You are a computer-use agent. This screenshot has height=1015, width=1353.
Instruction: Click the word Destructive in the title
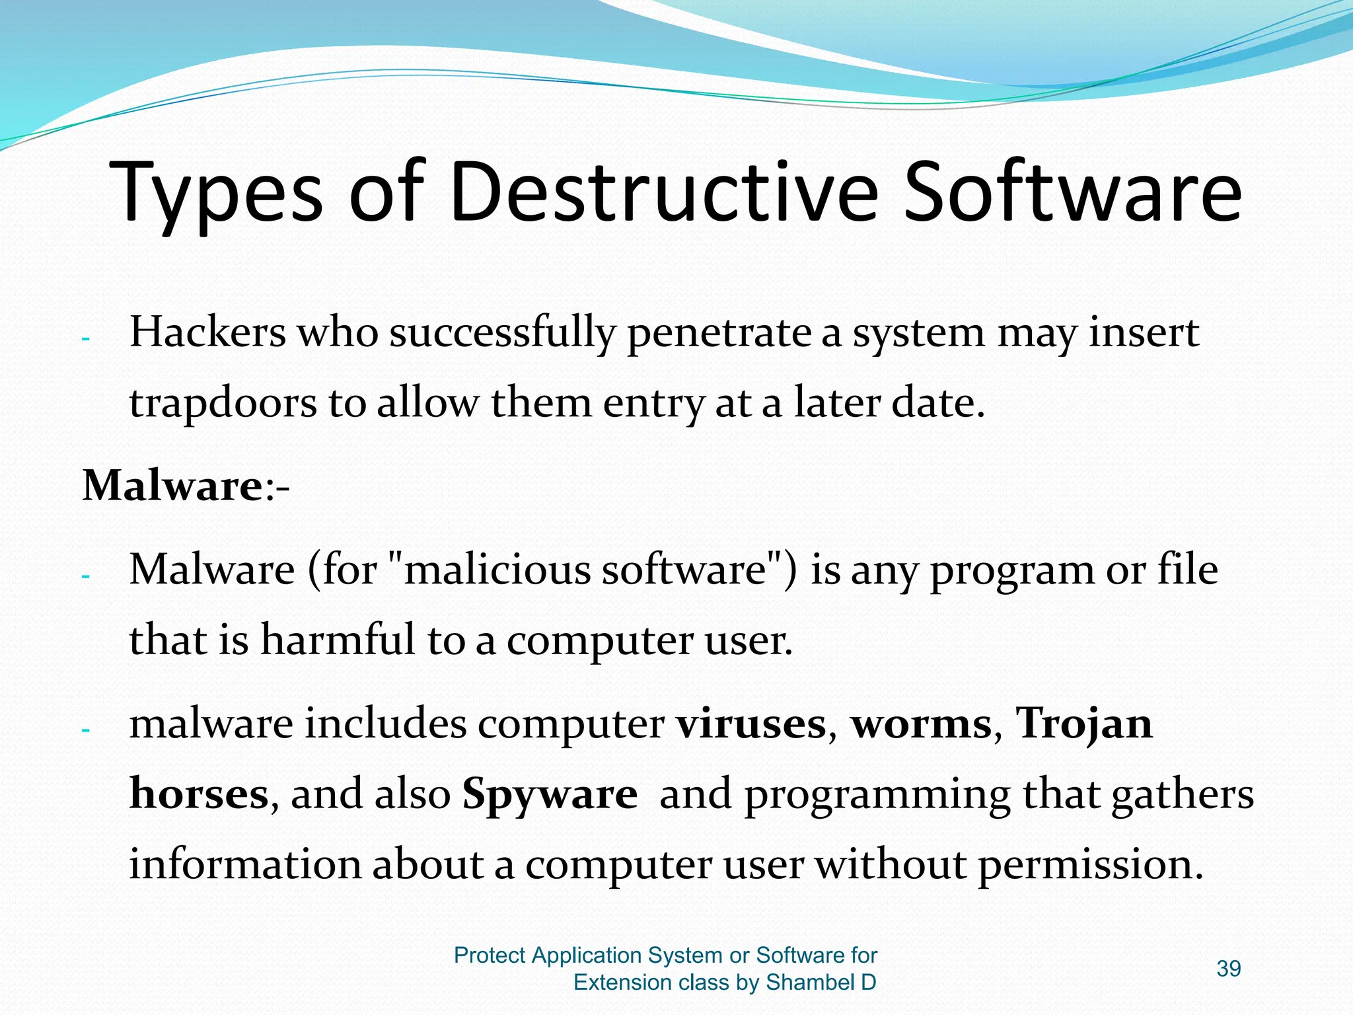coord(663,193)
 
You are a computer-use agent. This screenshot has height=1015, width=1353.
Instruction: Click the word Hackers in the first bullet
coord(207,332)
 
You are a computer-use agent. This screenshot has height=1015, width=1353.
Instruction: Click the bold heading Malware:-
coord(185,486)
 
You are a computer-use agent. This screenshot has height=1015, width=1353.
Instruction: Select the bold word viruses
coord(751,724)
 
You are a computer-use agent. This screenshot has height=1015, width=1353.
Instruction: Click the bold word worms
coord(921,724)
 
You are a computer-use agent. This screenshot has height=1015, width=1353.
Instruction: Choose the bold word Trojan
coord(1083,724)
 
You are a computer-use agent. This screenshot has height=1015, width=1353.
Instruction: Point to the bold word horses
coord(198,794)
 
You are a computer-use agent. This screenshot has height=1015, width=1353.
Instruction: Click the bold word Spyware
coord(550,796)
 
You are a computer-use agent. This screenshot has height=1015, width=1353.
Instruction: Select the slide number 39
coord(1228,969)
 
